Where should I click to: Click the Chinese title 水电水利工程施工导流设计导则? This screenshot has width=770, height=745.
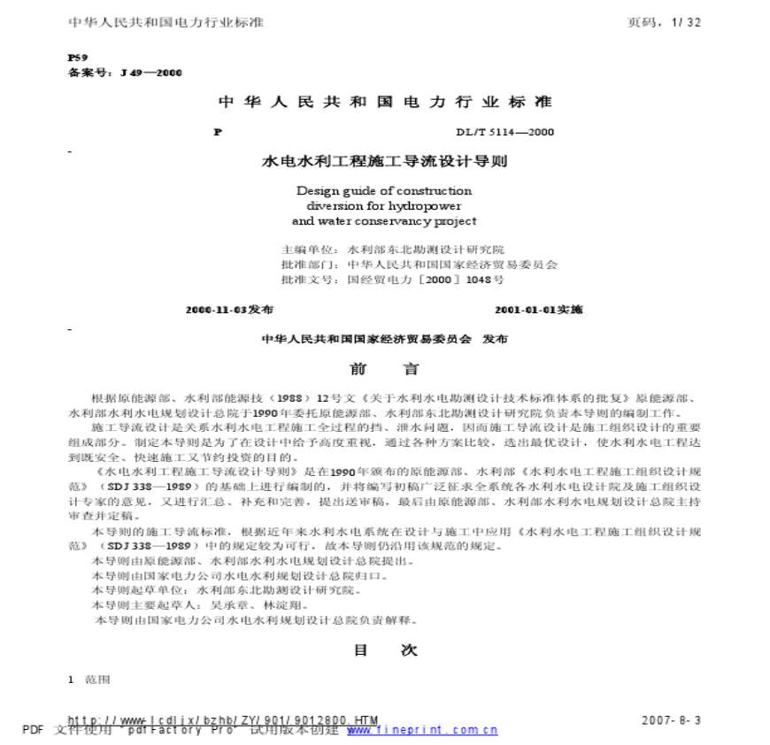383,163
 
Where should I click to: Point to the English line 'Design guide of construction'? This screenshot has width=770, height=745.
384,190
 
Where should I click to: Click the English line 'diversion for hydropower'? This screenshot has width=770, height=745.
384,205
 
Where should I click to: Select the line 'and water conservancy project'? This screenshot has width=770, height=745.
384,221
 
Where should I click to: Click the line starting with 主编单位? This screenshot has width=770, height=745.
392,250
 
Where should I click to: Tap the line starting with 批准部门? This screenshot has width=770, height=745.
419,264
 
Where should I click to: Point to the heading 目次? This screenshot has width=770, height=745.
385,649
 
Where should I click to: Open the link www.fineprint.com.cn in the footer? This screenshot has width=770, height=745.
422,730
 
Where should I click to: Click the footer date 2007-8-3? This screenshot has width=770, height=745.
671,720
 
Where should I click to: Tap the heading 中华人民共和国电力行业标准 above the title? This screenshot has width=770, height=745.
384,102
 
